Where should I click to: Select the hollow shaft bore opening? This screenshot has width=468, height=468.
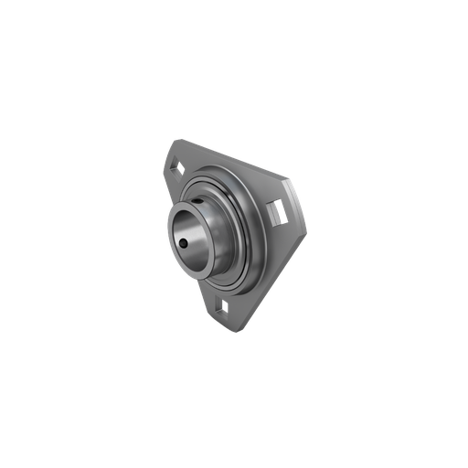(x=192, y=236)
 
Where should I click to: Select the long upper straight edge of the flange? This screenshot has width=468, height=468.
(x=229, y=161)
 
